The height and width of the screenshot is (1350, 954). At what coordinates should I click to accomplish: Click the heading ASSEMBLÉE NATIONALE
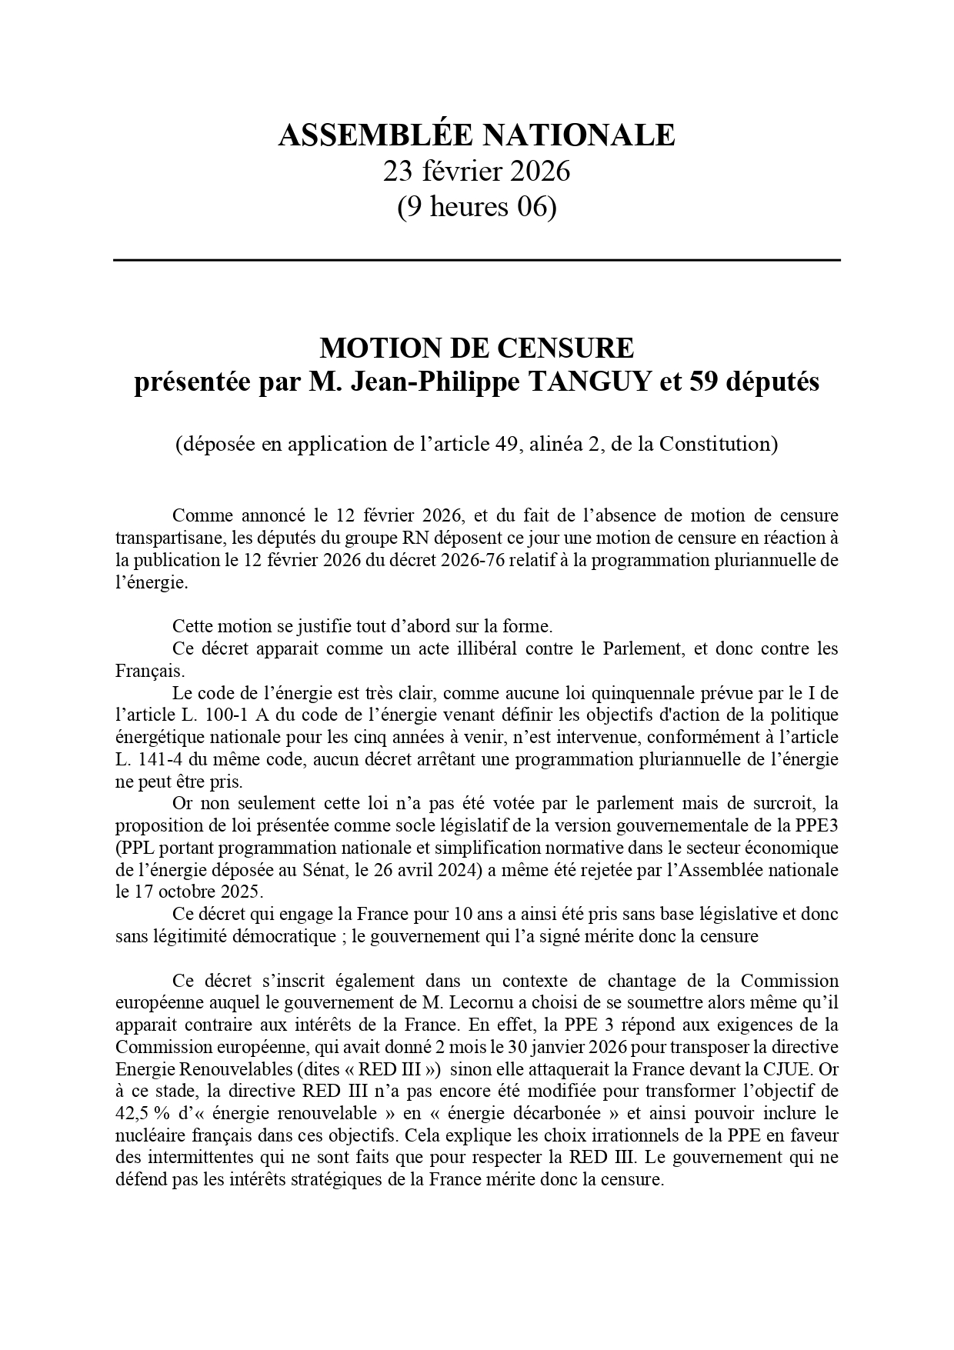(476, 135)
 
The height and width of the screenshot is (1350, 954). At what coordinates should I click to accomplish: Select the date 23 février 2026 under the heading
(476, 171)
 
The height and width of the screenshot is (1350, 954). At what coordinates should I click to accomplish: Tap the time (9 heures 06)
(476, 207)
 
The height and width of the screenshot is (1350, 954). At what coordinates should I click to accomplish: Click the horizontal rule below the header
(476, 261)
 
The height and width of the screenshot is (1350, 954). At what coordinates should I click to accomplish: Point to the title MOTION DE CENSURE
(476, 348)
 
